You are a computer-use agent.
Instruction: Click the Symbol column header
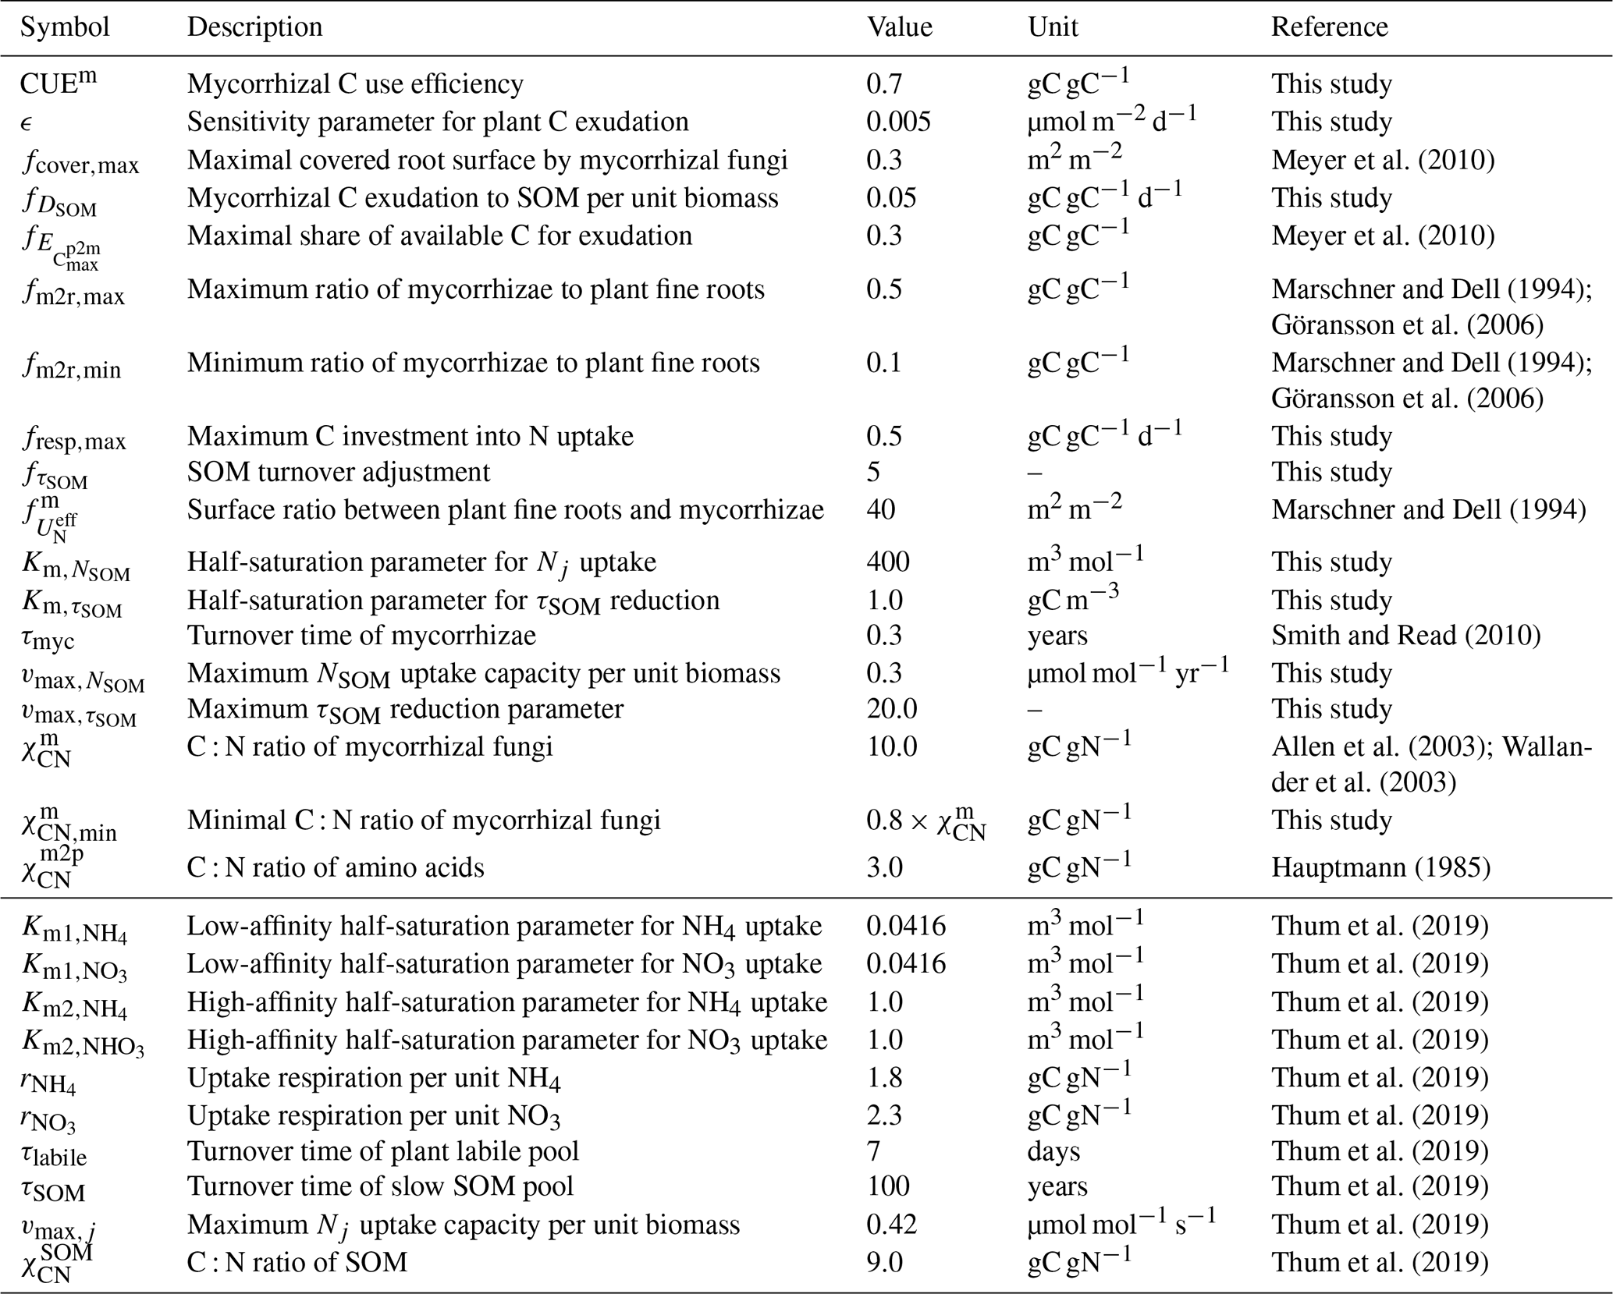pyautogui.click(x=65, y=27)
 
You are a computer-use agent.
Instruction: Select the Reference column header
pyautogui.click(x=1329, y=27)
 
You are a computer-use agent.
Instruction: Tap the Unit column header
pyautogui.click(x=1053, y=27)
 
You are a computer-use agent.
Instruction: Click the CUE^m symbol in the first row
pyautogui.click(x=59, y=83)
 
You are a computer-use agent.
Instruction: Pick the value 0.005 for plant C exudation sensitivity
pyautogui.click(x=898, y=122)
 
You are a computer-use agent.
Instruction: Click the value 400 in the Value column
pyautogui.click(x=888, y=562)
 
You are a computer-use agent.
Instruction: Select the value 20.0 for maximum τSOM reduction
pyautogui.click(x=892, y=708)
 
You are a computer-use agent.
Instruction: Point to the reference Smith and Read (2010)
pyautogui.click(x=1405, y=636)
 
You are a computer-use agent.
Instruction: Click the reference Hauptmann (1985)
pyautogui.click(x=1380, y=867)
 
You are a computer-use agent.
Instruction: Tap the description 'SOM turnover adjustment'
pyautogui.click(x=339, y=472)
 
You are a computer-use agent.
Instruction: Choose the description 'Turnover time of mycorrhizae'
pyautogui.click(x=361, y=636)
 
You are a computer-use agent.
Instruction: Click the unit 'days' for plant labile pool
pyautogui.click(x=1053, y=1151)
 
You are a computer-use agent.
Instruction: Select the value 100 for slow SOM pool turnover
pyautogui.click(x=888, y=1186)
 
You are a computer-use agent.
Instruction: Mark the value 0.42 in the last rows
pyautogui.click(x=891, y=1225)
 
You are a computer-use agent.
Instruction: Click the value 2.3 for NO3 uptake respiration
pyautogui.click(x=884, y=1115)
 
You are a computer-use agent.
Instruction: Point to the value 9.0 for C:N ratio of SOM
pyautogui.click(x=884, y=1262)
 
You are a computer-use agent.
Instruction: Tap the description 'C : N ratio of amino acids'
pyautogui.click(x=336, y=867)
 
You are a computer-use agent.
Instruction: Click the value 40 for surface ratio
pyautogui.click(x=881, y=509)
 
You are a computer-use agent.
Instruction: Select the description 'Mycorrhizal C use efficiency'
pyautogui.click(x=355, y=83)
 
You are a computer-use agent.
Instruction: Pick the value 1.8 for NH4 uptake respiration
pyautogui.click(x=884, y=1078)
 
